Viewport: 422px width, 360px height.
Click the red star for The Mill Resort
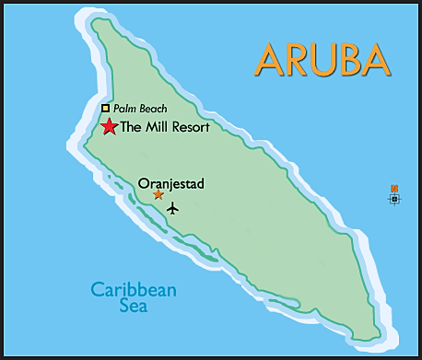(110, 127)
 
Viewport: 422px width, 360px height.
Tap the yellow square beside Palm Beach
(105, 109)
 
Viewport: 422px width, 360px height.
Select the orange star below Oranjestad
(158, 194)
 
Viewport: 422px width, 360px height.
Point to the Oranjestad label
(170, 183)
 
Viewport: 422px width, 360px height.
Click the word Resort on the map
(192, 127)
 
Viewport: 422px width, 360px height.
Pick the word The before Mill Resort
(133, 127)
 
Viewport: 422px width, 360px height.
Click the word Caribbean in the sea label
(134, 290)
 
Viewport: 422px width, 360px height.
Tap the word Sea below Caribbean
(134, 307)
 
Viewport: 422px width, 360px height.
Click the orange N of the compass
(394, 188)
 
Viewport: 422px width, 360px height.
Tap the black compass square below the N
(394, 198)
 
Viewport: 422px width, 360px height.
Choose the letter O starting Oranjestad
(143, 183)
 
